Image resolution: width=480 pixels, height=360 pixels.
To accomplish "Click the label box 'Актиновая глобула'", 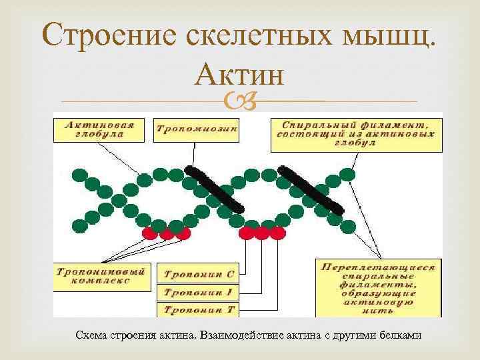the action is [x=100, y=129].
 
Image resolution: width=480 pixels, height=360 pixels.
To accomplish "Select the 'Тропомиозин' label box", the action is [x=196, y=129].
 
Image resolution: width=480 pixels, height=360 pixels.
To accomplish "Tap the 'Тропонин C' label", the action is [x=198, y=273].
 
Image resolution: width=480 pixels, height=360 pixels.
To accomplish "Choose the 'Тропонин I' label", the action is [x=198, y=292].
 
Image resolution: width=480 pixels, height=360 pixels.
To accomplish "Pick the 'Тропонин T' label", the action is [x=198, y=309].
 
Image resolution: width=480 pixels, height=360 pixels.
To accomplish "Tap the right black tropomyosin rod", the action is [x=311, y=189].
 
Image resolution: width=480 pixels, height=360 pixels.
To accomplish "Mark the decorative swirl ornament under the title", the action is [x=239, y=102].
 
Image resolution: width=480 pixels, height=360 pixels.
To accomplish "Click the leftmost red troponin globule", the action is [x=151, y=233].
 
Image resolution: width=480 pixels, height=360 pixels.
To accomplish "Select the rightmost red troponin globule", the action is [x=276, y=233].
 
